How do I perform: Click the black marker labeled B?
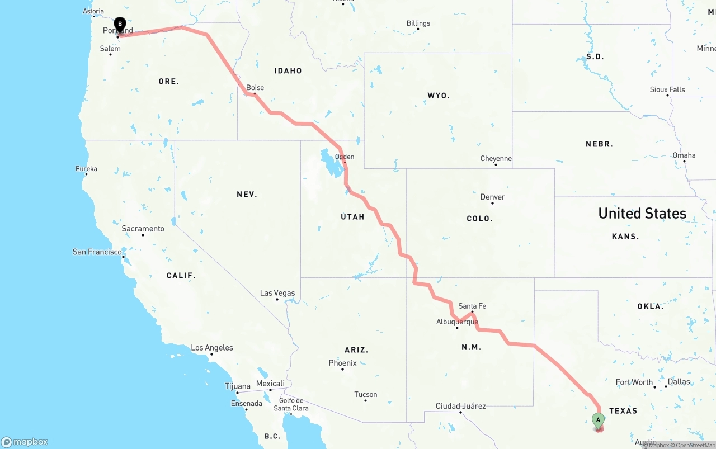point(120,24)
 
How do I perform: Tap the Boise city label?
point(255,88)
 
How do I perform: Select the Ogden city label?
point(345,157)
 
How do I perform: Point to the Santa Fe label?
point(472,306)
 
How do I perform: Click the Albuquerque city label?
point(457,322)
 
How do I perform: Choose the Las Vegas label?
point(277,293)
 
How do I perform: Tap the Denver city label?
point(492,197)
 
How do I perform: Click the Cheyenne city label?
point(496,159)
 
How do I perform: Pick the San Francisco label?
point(97,252)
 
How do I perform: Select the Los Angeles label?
point(212,348)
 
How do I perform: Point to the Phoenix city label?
point(342,363)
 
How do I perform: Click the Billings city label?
point(418,23)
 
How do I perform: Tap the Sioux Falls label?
point(667,89)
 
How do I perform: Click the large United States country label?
point(642,213)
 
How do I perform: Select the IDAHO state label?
point(288,70)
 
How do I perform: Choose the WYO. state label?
point(439,96)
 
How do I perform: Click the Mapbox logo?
point(25,442)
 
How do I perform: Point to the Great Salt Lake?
point(327,162)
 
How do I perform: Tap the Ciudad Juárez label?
point(461,406)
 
